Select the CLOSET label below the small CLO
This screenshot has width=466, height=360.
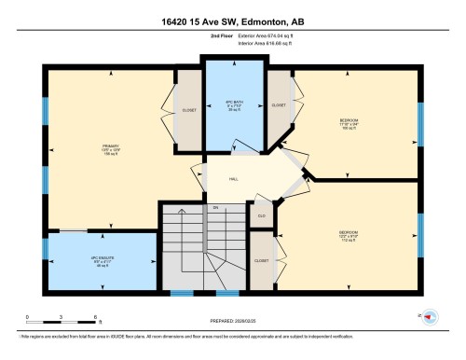(261, 261)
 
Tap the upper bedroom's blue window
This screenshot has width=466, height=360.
(420, 121)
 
